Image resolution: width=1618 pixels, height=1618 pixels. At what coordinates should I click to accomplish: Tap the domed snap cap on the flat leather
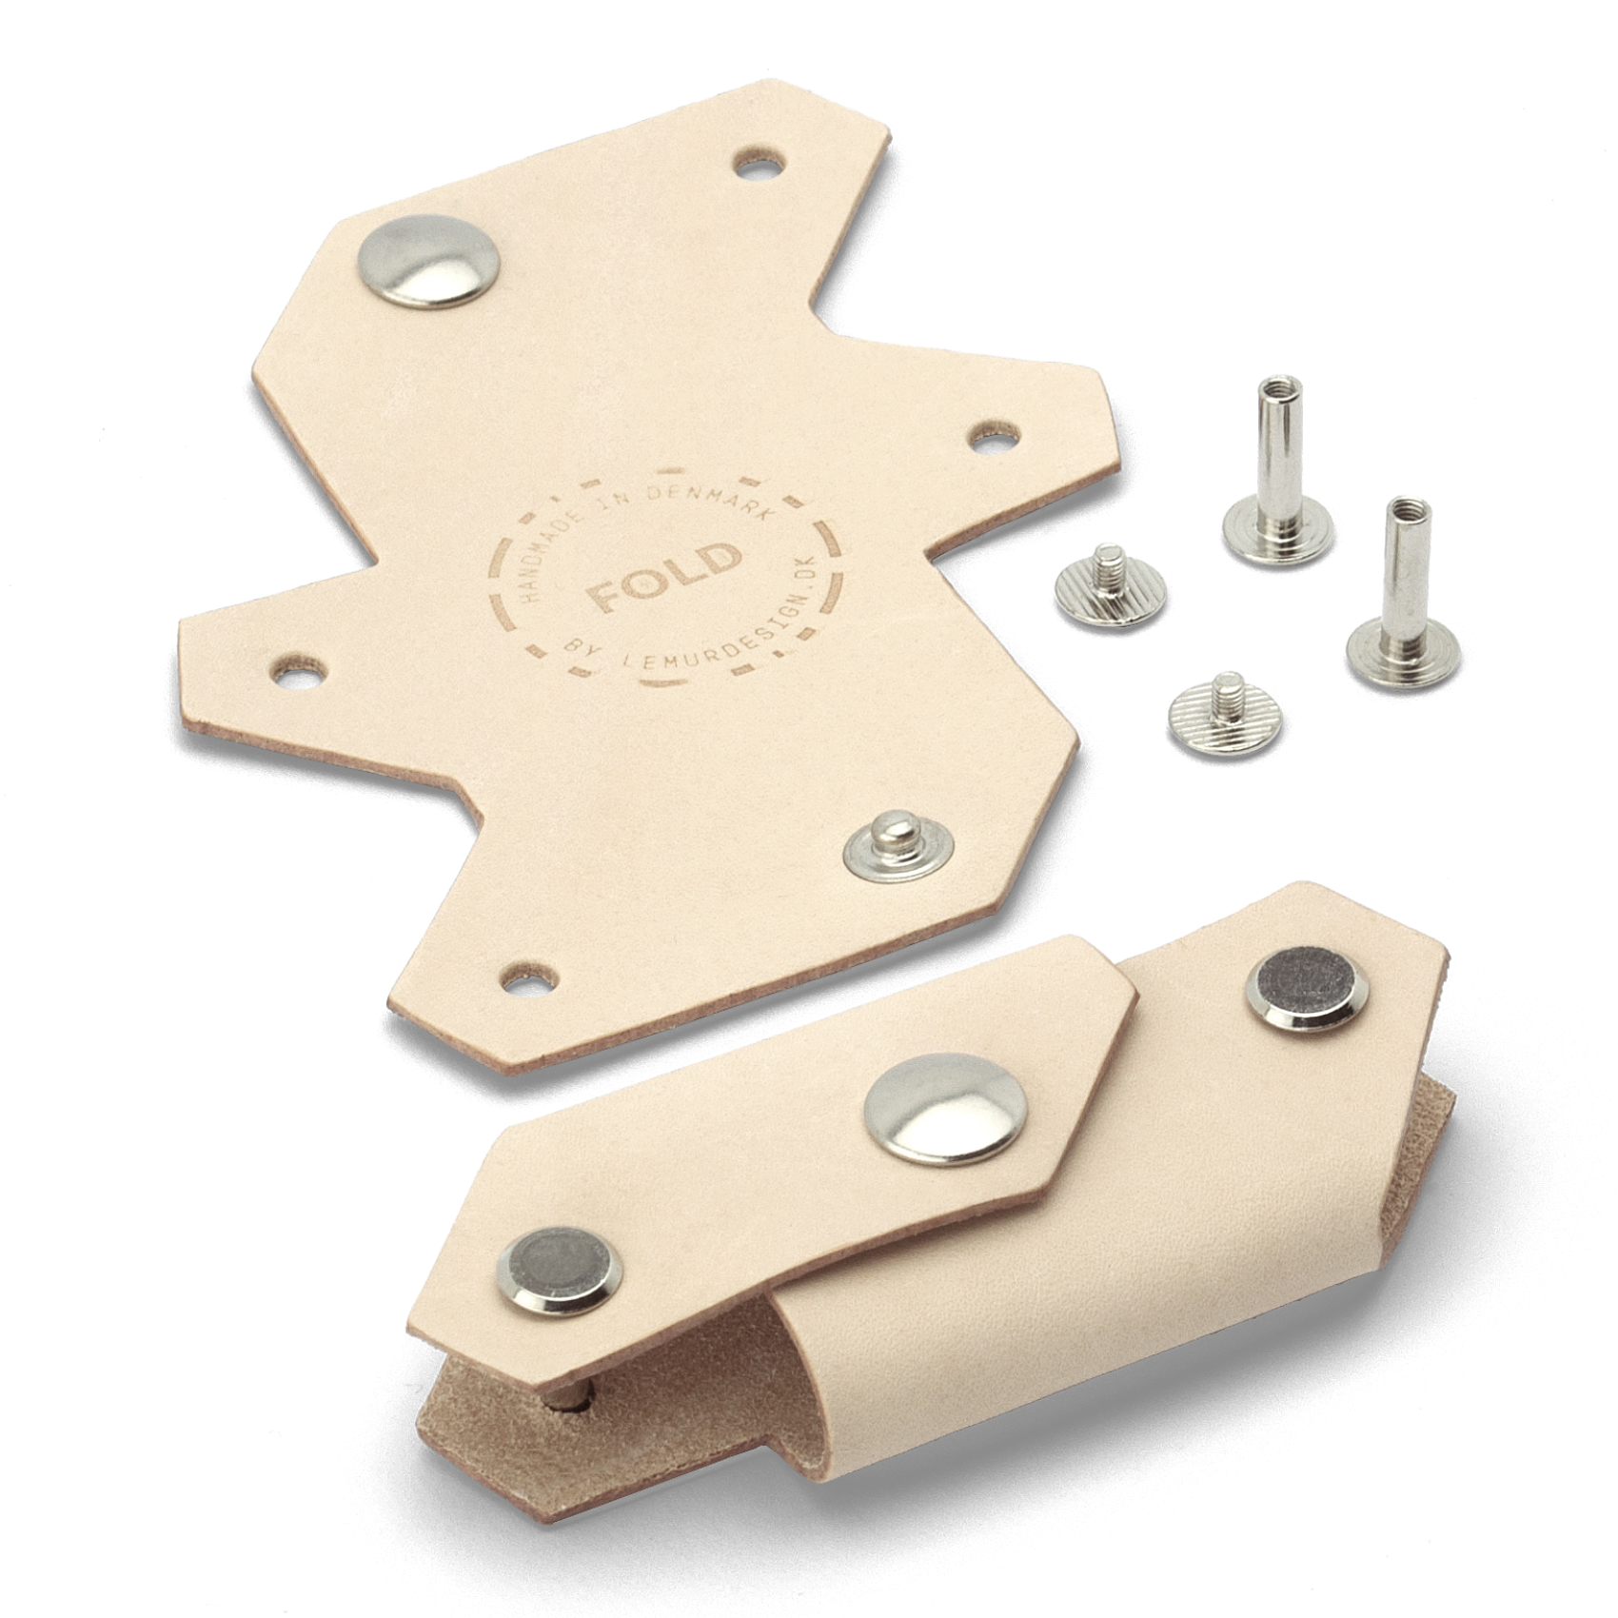tap(430, 261)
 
